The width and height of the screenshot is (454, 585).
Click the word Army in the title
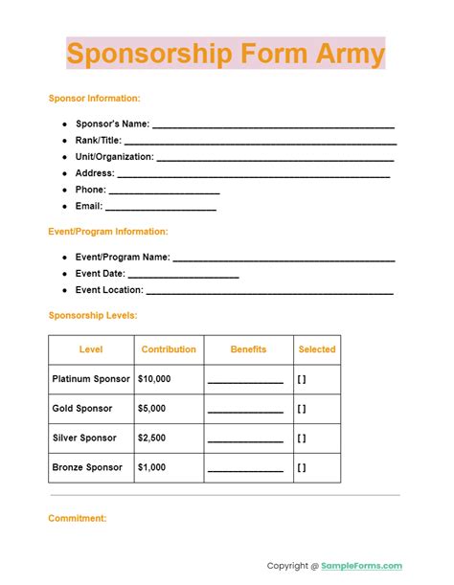pos(351,54)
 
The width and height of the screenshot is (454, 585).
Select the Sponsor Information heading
pos(94,98)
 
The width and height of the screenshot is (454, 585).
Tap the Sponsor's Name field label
pos(112,124)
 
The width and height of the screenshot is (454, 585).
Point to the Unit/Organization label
pos(114,157)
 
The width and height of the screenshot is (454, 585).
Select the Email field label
pos(89,206)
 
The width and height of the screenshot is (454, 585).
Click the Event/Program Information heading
pos(107,232)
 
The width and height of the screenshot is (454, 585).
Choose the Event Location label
pos(109,290)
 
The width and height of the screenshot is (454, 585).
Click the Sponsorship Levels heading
pos(92,315)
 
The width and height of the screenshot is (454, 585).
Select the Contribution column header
pos(169,349)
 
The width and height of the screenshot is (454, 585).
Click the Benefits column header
pos(248,349)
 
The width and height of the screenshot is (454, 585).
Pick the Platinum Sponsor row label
pos(91,379)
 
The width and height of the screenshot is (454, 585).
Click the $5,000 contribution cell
pos(152,409)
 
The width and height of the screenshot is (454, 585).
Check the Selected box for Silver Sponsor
pos(302,439)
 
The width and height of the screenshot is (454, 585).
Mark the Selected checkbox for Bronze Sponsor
pos(302,468)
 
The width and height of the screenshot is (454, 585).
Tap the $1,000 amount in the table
pos(152,468)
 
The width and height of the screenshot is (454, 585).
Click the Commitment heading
pos(77,518)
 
